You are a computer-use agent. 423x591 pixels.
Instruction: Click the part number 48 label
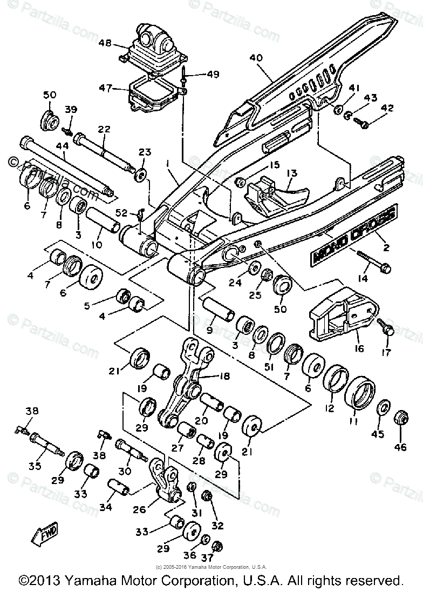point(106,42)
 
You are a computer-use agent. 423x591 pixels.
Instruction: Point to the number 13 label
point(292,173)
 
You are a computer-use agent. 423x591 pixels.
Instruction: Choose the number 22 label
point(104,129)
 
